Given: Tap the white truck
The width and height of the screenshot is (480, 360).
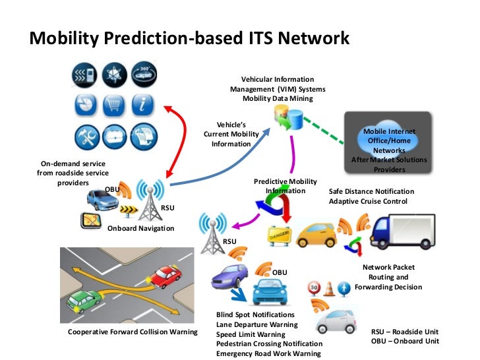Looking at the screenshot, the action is [402, 231].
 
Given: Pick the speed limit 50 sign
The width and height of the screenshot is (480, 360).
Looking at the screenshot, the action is [315, 288].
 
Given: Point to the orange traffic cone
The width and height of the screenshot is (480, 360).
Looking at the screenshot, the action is [329, 288].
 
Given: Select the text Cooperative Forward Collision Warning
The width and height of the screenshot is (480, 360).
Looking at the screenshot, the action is [133, 332].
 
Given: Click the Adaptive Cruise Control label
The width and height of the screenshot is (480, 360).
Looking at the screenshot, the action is [368, 201].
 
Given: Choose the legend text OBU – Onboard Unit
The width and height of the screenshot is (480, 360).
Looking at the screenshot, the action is [405, 341].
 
